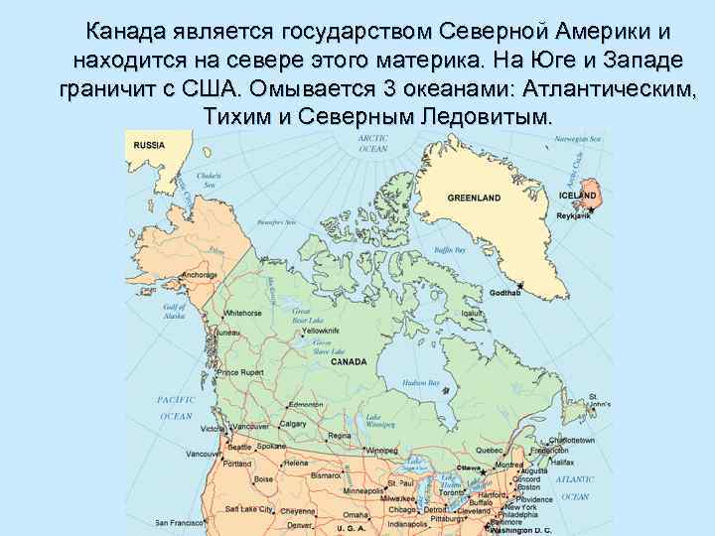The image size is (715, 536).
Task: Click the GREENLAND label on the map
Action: pyautogui.click(x=474, y=199)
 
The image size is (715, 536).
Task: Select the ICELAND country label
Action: pyautogui.click(x=580, y=196)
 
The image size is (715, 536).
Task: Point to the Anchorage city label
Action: pyautogui.click(x=199, y=275)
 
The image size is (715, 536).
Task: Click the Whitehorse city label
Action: pyautogui.click(x=243, y=313)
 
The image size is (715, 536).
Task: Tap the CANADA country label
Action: pyautogui.click(x=349, y=362)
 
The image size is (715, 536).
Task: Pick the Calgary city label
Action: pyautogui.click(x=293, y=424)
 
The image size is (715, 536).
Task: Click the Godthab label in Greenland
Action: pyautogui.click(x=505, y=294)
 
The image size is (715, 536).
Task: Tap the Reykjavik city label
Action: pyautogui.click(x=574, y=215)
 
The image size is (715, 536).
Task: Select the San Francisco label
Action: pyautogui.click(x=186, y=522)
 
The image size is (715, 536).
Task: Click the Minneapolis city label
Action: pyautogui.click(x=364, y=490)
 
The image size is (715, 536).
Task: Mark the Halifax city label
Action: pyautogui.click(x=561, y=463)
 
